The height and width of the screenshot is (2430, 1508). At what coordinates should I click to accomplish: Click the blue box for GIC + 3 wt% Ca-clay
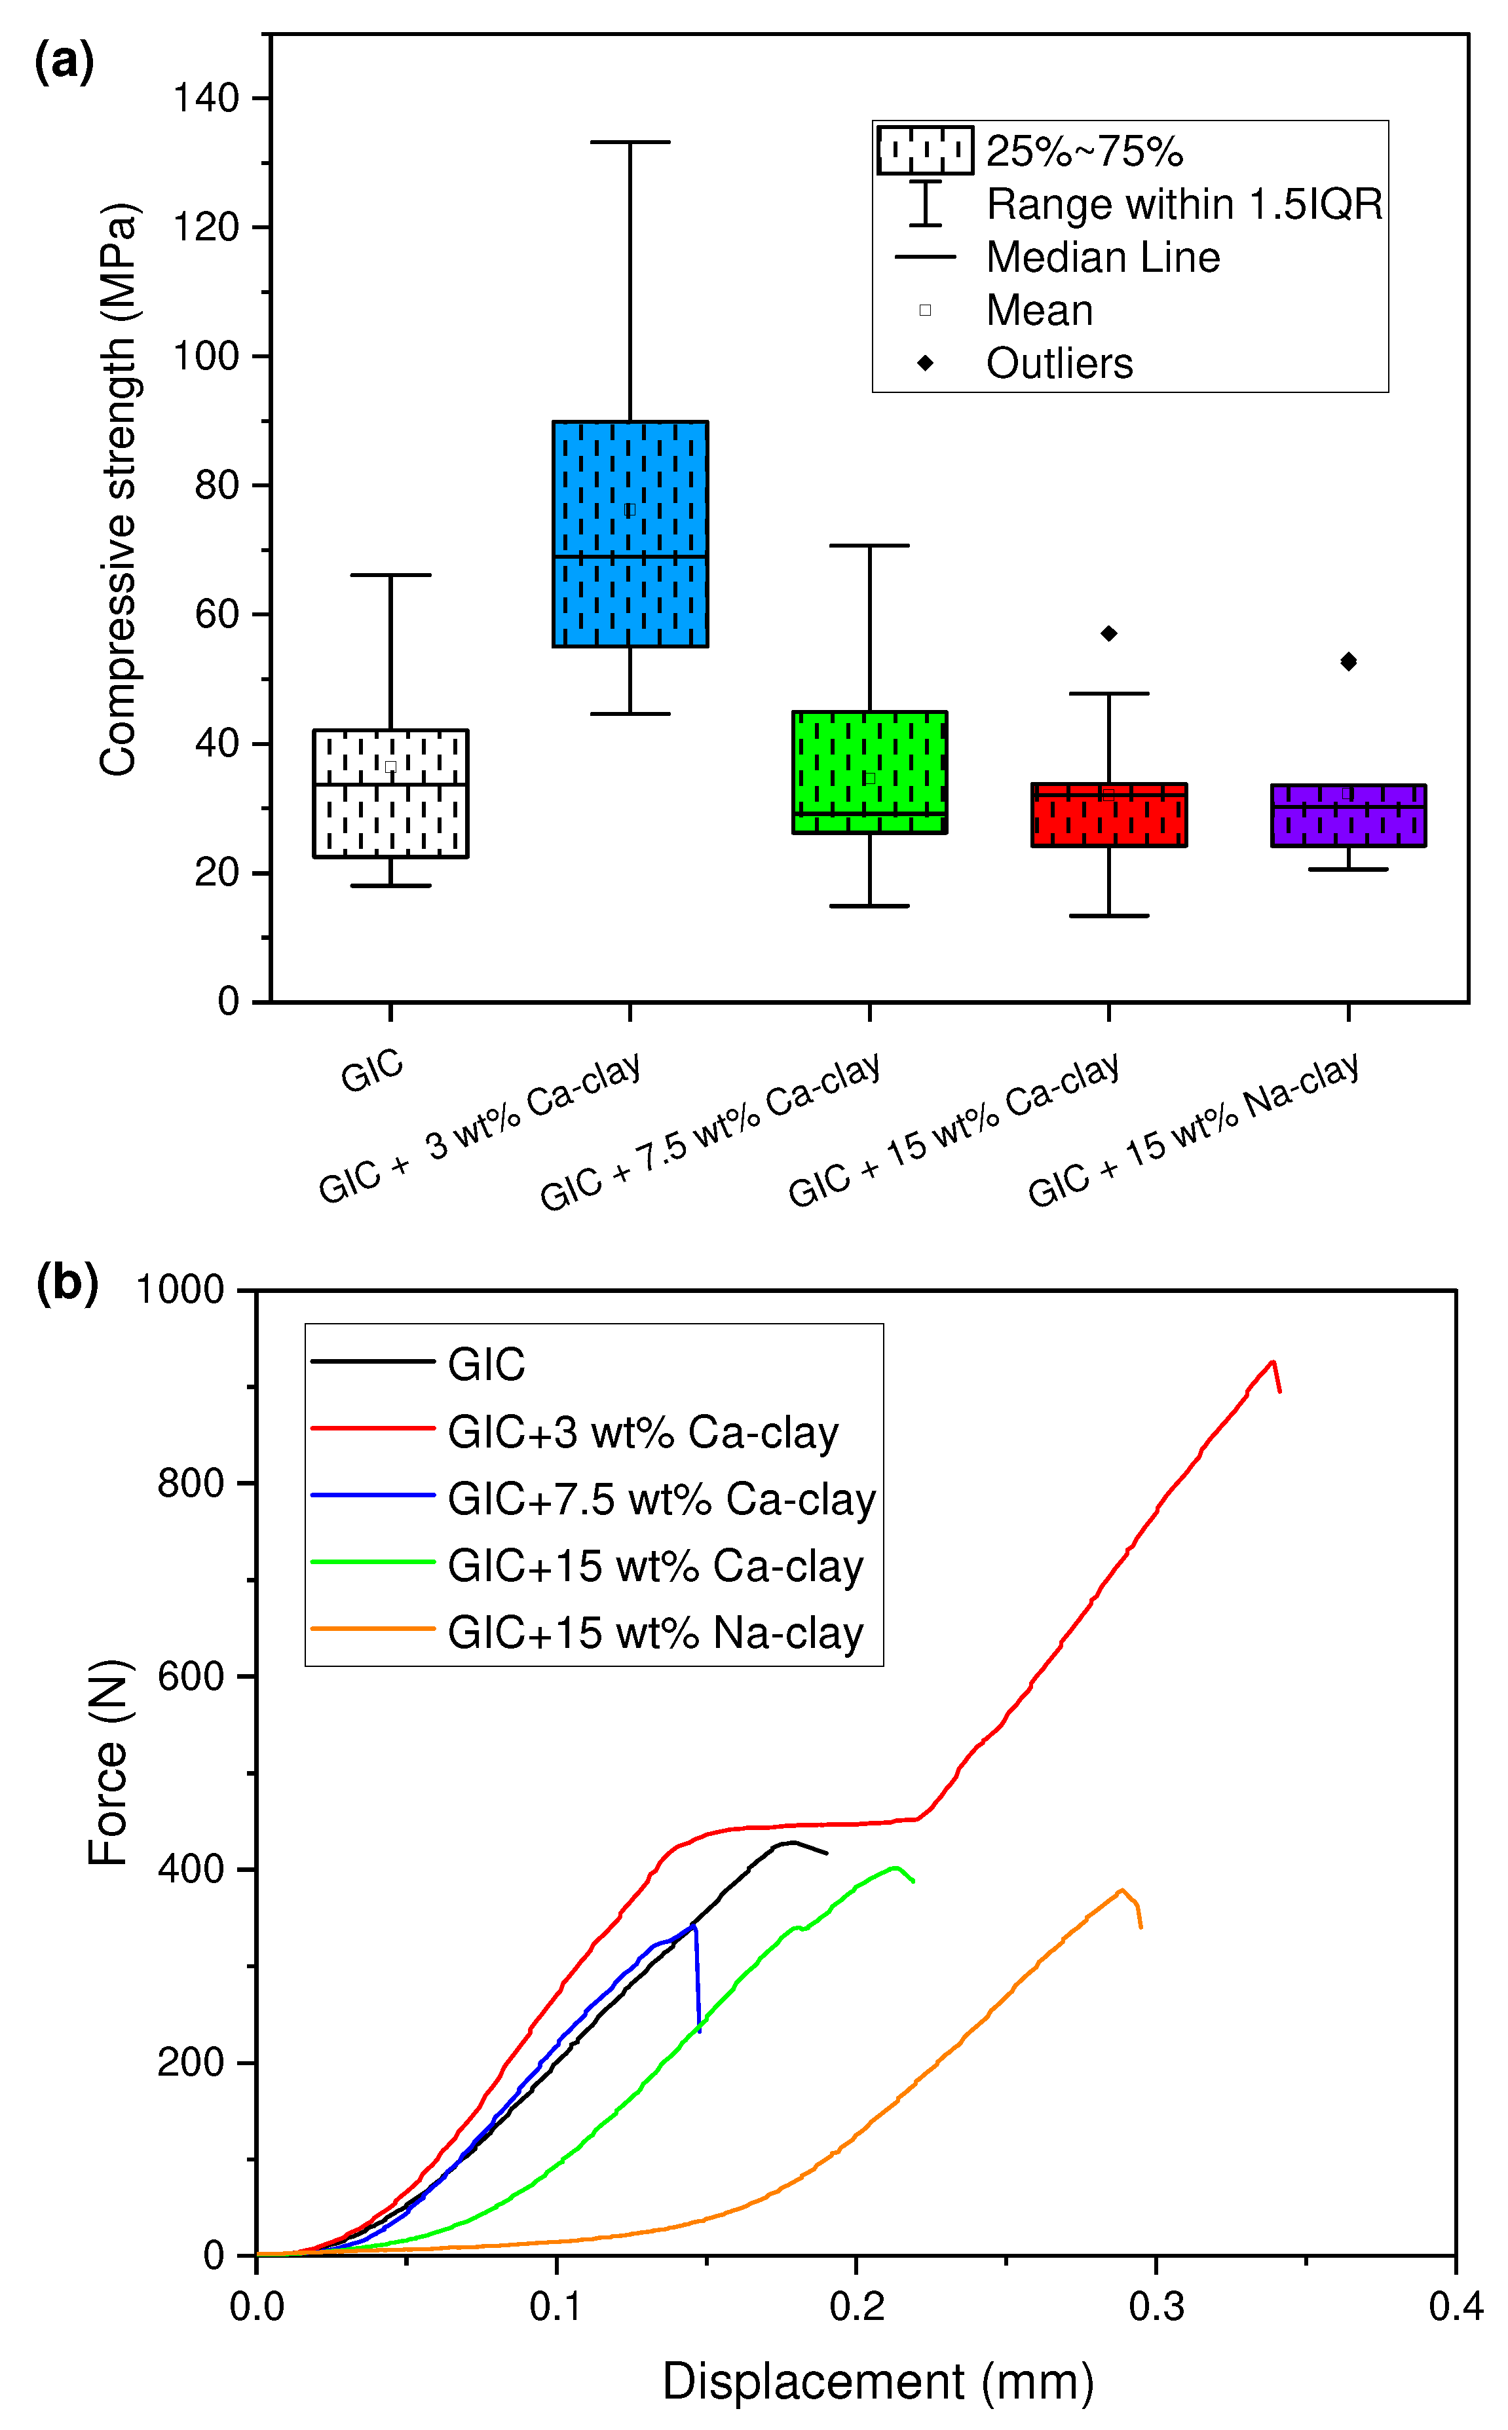pos(630,533)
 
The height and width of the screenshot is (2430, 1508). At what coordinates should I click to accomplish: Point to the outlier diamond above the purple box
pos(1348,661)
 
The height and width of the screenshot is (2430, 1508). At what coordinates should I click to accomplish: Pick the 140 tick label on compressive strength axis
pos(206,99)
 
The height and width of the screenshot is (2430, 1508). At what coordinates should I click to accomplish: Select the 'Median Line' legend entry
pos(1102,257)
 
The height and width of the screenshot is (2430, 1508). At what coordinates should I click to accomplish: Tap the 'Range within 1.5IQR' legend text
pos(1184,204)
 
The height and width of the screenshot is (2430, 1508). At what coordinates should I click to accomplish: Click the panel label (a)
pos(64,62)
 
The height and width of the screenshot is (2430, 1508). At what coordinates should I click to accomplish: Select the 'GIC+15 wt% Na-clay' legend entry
pos(654,1634)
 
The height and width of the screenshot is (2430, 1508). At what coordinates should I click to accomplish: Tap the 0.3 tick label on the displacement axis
pos(1156,2306)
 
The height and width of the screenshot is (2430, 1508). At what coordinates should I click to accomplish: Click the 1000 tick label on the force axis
pos(181,1290)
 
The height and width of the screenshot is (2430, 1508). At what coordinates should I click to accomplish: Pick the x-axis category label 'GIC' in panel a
pos(372,1070)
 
